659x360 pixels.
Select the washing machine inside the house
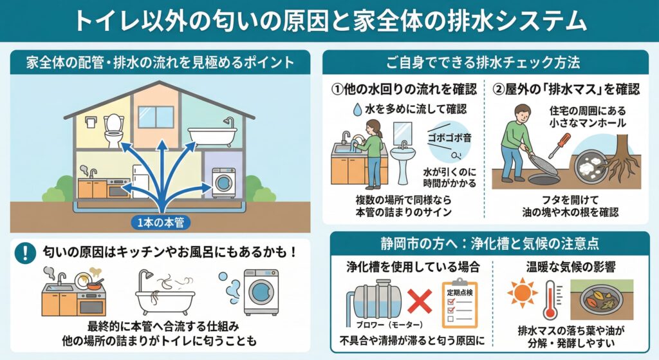(x=223, y=182)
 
